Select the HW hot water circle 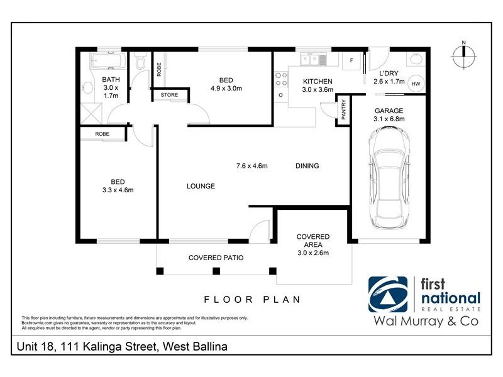tap(416, 84)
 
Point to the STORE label tap(169, 95)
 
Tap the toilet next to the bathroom tap(141, 63)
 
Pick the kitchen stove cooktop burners tap(280, 79)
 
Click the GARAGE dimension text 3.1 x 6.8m tap(389, 119)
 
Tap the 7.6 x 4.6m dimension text tap(252, 167)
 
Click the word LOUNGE tap(201, 186)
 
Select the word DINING tap(307, 167)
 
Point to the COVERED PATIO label tap(216, 258)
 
